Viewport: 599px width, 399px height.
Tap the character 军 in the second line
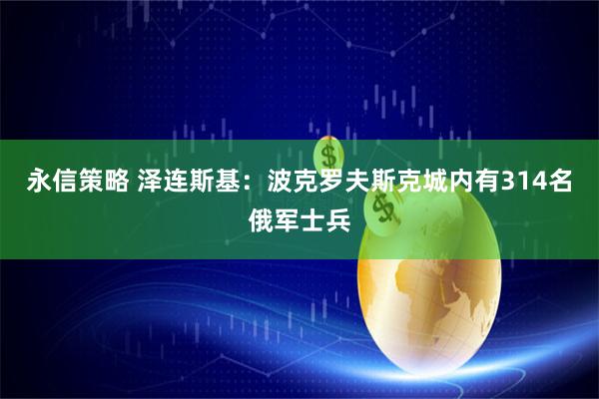point(287,217)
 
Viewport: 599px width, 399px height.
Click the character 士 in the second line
point(313,217)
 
